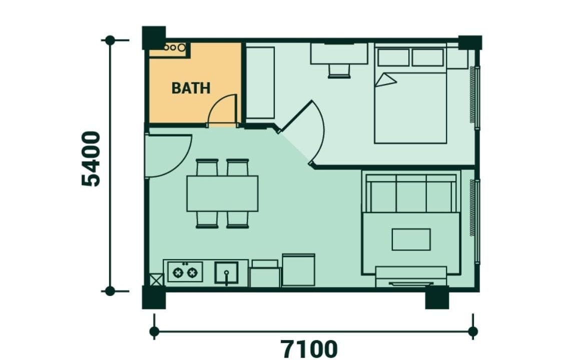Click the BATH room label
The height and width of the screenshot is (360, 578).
click(191, 88)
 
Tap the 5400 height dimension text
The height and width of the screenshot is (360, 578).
click(91, 159)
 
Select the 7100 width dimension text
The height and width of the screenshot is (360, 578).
click(309, 348)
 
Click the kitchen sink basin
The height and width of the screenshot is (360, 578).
click(226, 272)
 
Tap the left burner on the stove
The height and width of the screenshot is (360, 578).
click(179, 272)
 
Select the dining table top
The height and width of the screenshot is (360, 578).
click(222, 193)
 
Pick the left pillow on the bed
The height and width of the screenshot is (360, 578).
click(393, 57)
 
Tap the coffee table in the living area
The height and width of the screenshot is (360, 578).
click(411, 239)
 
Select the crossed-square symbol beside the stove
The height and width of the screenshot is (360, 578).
click(156, 279)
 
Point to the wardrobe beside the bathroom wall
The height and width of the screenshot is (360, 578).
click(260, 82)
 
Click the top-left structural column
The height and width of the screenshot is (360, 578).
click(154, 37)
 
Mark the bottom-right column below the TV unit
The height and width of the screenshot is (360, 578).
click(437, 297)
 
